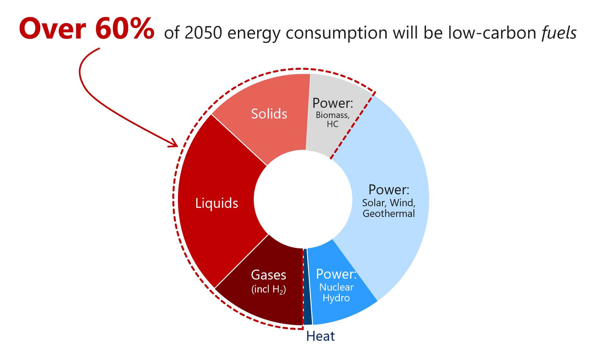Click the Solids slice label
[x=269, y=114]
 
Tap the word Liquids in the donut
[x=217, y=203]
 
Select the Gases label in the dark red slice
[x=268, y=275]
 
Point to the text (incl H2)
[x=268, y=289]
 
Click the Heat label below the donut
[x=320, y=336]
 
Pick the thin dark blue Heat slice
[x=307, y=287]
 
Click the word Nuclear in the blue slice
[x=336, y=287]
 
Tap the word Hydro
[x=336, y=298]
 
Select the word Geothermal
[x=389, y=214]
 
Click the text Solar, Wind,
[x=389, y=203]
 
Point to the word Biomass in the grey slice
[x=332, y=115]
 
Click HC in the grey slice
[x=332, y=124]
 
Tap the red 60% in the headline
[x=125, y=29]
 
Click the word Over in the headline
[x=52, y=29]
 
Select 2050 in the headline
[x=203, y=33]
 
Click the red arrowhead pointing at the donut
[x=174, y=143]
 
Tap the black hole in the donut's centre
[x=303, y=199]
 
